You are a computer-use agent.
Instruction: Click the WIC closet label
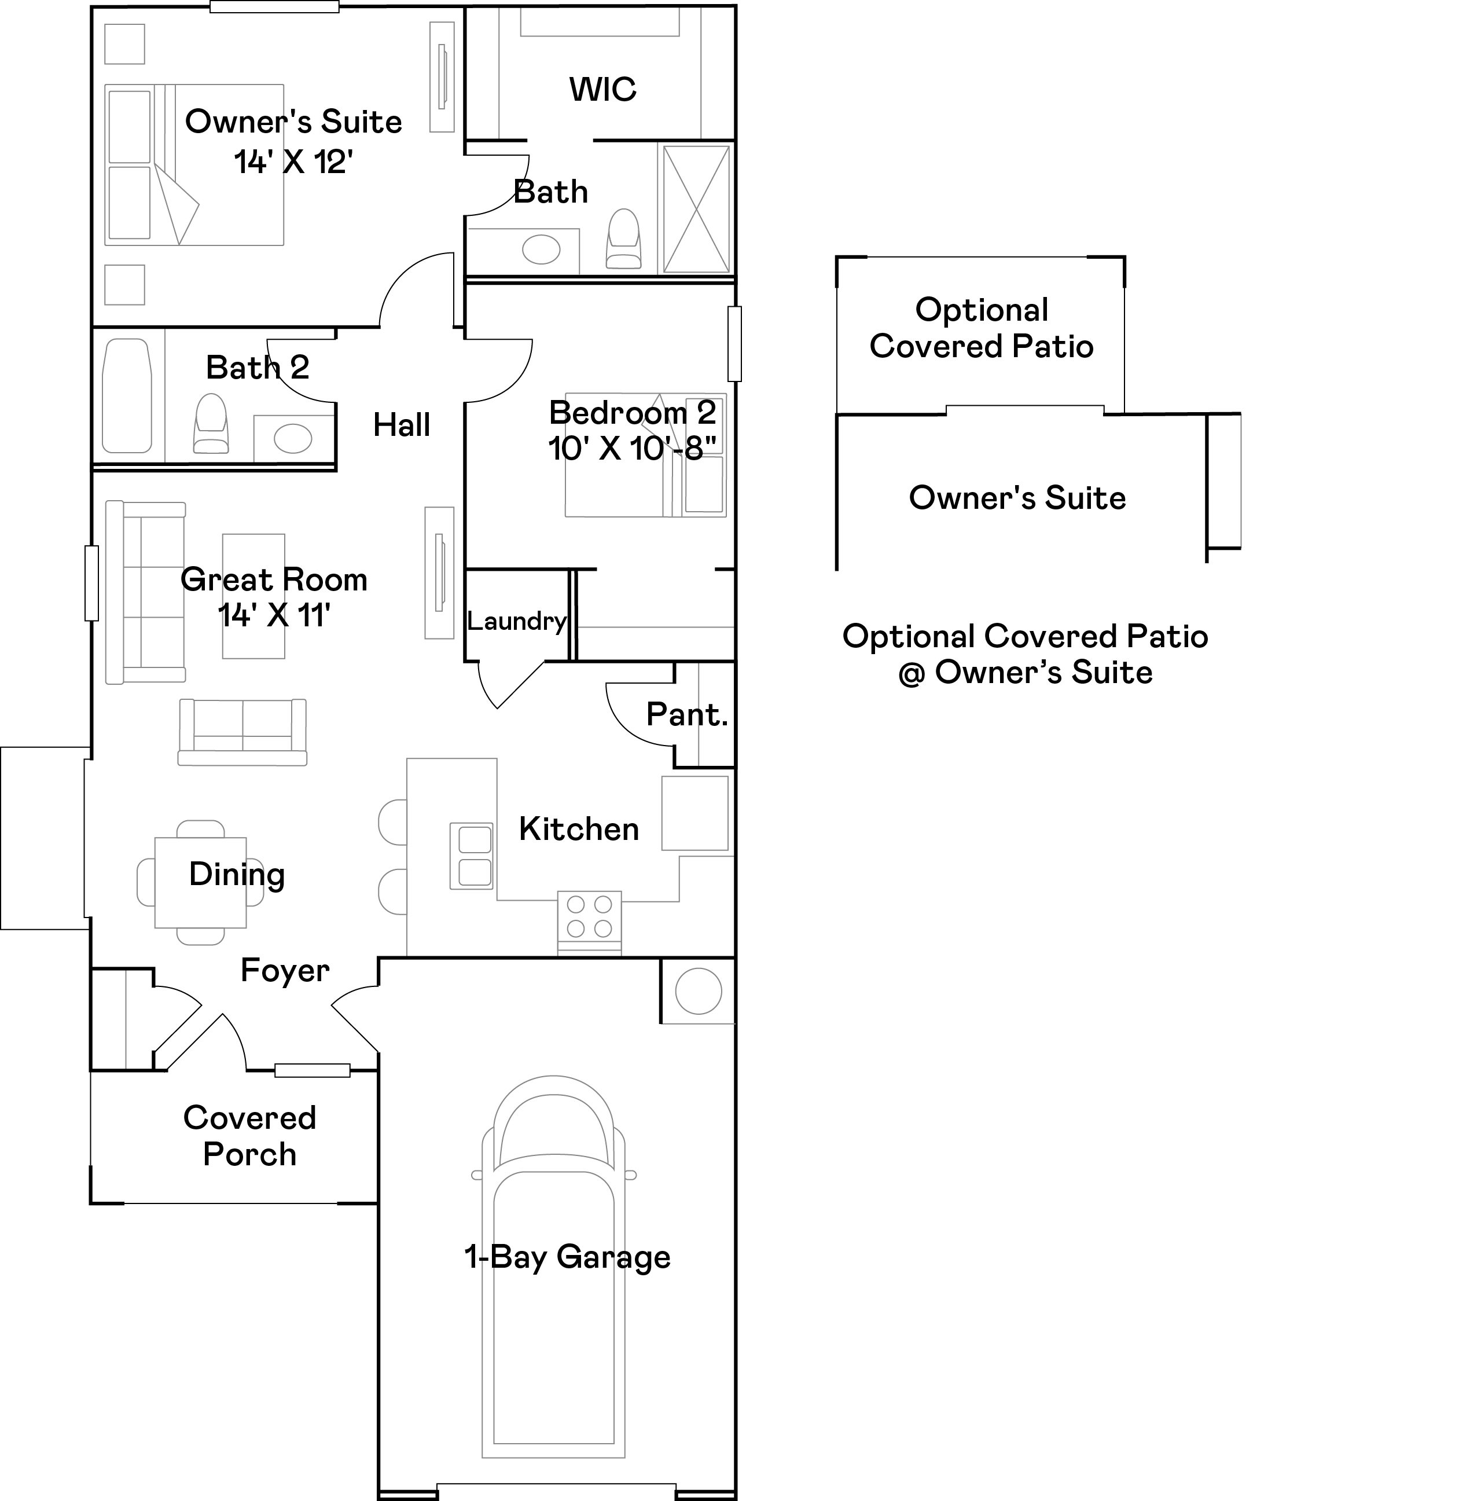pyautogui.click(x=602, y=89)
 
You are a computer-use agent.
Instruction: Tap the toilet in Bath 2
pyautogui.click(x=211, y=424)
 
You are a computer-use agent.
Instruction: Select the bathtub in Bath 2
pyautogui.click(x=127, y=395)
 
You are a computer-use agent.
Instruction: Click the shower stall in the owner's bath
pyautogui.click(x=696, y=208)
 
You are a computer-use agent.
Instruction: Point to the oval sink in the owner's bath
pyautogui.click(x=541, y=250)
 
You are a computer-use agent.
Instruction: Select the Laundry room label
pyautogui.click(x=516, y=621)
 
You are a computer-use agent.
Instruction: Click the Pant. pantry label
pyautogui.click(x=686, y=714)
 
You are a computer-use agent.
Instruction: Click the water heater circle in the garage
pyautogui.click(x=698, y=992)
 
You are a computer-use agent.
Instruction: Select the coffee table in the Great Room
pyautogui.click(x=253, y=596)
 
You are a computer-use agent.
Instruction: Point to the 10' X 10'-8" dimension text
pyautogui.click(x=631, y=448)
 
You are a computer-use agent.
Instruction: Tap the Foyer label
pyautogui.click(x=285, y=970)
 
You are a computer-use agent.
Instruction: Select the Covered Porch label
pyautogui.click(x=249, y=1136)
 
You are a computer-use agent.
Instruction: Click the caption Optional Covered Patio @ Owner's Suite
pyautogui.click(x=1024, y=654)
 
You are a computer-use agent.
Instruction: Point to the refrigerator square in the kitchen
pyautogui.click(x=694, y=813)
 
